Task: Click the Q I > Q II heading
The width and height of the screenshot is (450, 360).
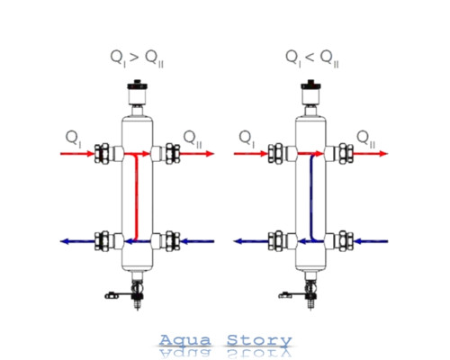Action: point(137,58)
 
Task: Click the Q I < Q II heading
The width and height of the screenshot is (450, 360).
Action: point(312,58)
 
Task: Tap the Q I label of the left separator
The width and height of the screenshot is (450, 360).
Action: point(73,139)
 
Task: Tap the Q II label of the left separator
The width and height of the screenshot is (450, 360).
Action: point(193,139)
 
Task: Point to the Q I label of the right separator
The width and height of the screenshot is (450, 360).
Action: point(247,139)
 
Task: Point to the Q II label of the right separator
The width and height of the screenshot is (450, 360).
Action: point(366,139)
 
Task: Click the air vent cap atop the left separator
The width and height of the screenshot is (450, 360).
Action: point(137,85)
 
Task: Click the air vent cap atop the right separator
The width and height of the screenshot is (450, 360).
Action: point(310,85)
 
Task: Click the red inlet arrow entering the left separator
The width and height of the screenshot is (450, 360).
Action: point(77,154)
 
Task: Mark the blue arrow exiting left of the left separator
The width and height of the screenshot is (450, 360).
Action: point(77,241)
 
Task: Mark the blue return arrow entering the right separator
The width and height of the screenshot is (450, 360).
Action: point(371,241)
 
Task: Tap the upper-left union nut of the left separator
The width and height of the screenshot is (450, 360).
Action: point(102,154)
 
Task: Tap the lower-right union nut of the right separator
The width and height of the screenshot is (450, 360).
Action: point(346,241)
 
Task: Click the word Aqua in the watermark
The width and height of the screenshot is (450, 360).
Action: point(184,341)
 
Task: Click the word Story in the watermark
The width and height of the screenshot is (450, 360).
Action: point(259,341)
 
